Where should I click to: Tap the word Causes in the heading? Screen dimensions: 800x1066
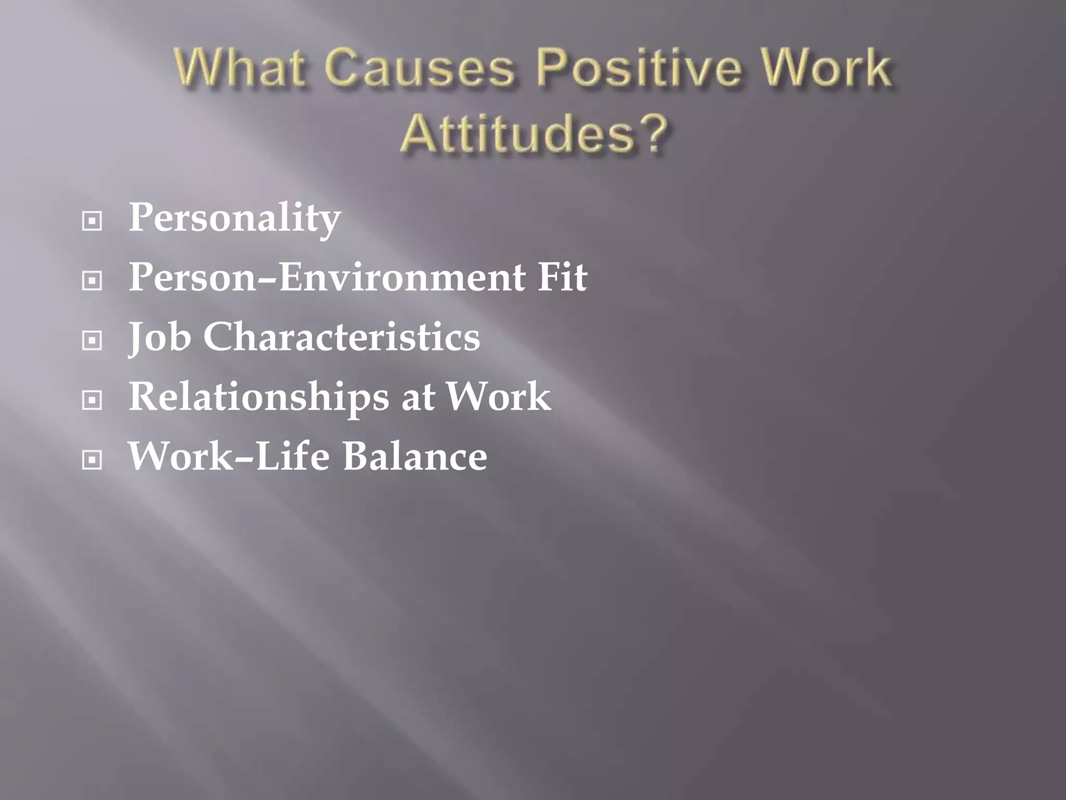[420, 68]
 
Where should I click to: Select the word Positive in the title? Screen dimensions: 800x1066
[638, 68]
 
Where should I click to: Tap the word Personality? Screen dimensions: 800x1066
[235, 218]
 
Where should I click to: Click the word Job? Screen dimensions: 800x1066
[159, 337]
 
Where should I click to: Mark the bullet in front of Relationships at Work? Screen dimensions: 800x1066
[92, 401]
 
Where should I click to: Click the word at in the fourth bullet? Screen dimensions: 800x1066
[418, 398]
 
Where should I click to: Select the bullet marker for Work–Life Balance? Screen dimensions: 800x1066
[92, 460]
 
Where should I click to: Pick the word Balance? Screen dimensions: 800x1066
[415, 456]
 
